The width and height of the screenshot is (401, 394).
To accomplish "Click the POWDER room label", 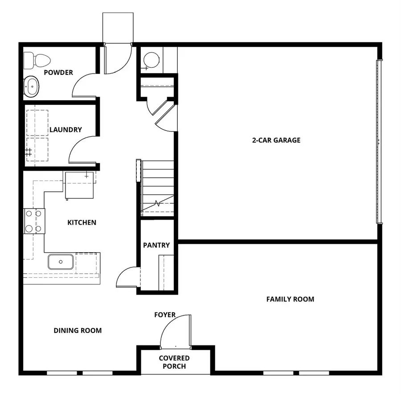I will point(58,73).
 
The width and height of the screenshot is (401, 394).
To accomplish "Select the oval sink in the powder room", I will point(31,86).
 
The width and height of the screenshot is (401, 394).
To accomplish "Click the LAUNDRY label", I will point(65,130).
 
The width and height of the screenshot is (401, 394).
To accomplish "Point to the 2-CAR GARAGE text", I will point(276,140).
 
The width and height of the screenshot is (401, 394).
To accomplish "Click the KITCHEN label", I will point(82,222).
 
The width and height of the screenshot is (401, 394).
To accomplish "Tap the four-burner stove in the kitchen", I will point(34,222).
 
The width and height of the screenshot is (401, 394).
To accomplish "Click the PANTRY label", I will point(156,245).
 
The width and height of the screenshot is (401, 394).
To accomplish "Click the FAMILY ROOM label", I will point(290,299).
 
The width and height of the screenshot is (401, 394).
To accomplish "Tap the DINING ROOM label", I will point(78,331).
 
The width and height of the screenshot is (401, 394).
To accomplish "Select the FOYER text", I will point(165,315).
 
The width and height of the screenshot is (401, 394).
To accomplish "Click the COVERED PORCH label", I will point(174,362).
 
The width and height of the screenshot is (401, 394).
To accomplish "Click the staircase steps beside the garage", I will point(156,187).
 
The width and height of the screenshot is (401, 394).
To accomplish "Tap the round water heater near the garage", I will point(152,60).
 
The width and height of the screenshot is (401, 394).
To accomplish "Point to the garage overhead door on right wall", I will point(379,141).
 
